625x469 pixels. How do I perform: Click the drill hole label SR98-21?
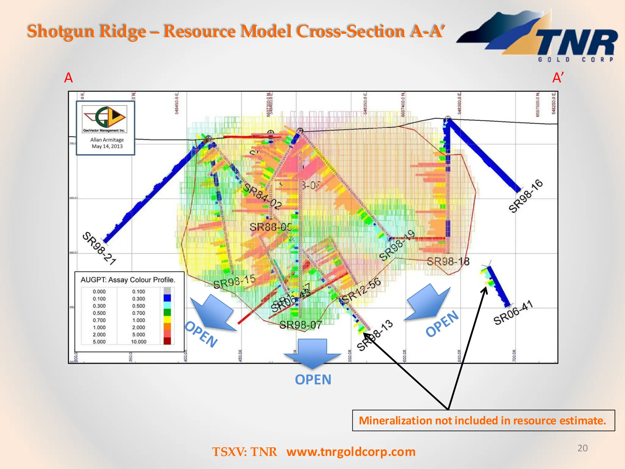pyautogui.click(x=99, y=248)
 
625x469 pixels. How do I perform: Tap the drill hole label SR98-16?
pyautogui.click(x=526, y=196)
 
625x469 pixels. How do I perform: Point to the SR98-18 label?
pyautogui.click(x=448, y=261)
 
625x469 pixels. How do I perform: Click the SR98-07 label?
pyautogui.click(x=301, y=325)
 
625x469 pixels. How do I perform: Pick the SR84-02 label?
pyautogui.click(x=262, y=196)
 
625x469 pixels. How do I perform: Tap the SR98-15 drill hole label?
pyautogui.click(x=234, y=282)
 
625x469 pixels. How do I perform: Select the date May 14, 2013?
pyautogui.click(x=107, y=146)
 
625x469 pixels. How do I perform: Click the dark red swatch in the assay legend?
pyautogui.click(x=167, y=341)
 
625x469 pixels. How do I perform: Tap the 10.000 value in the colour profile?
pyautogui.click(x=139, y=342)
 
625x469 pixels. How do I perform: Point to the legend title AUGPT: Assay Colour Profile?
pyautogui.click(x=128, y=280)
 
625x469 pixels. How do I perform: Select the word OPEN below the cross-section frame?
pyautogui.click(x=313, y=380)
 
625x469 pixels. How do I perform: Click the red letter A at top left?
pyautogui.click(x=68, y=78)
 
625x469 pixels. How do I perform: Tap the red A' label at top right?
pyautogui.click(x=558, y=78)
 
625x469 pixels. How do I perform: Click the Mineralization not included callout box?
pyautogui.click(x=483, y=420)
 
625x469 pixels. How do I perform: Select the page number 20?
pyautogui.click(x=582, y=448)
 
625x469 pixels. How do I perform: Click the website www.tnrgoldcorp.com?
pyautogui.click(x=351, y=452)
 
